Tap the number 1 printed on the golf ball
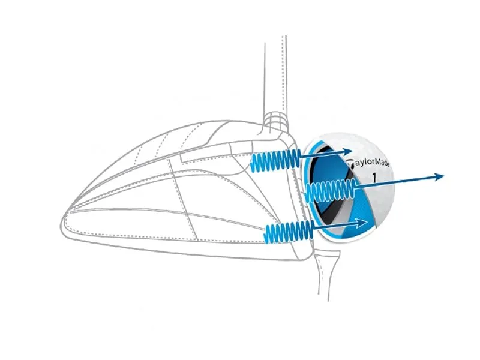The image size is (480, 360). [x=374, y=177]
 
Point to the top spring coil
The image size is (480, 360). [x=274, y=161]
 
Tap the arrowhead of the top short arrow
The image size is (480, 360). [x=348, y=151]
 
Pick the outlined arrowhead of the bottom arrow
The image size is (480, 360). [x=361, y=223]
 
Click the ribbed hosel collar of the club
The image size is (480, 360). [x=277, y=121]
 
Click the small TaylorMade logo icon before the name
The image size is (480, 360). [x=350, y=164]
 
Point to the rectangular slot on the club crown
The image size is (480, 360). [x=214, y=156]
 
